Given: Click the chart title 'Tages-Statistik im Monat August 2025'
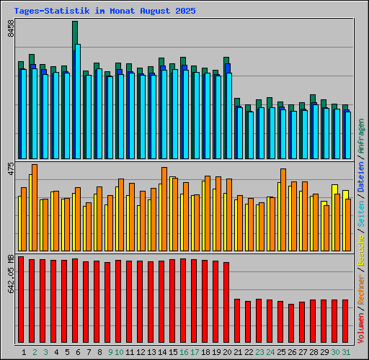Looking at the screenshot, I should [105, 12].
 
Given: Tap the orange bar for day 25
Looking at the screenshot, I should [283, 209].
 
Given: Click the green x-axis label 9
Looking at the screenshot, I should [110, 352].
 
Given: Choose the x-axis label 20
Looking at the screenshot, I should [227, 352].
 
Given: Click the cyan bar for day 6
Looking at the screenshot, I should [78, 101].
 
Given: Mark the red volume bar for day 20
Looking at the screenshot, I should [226, 302].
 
